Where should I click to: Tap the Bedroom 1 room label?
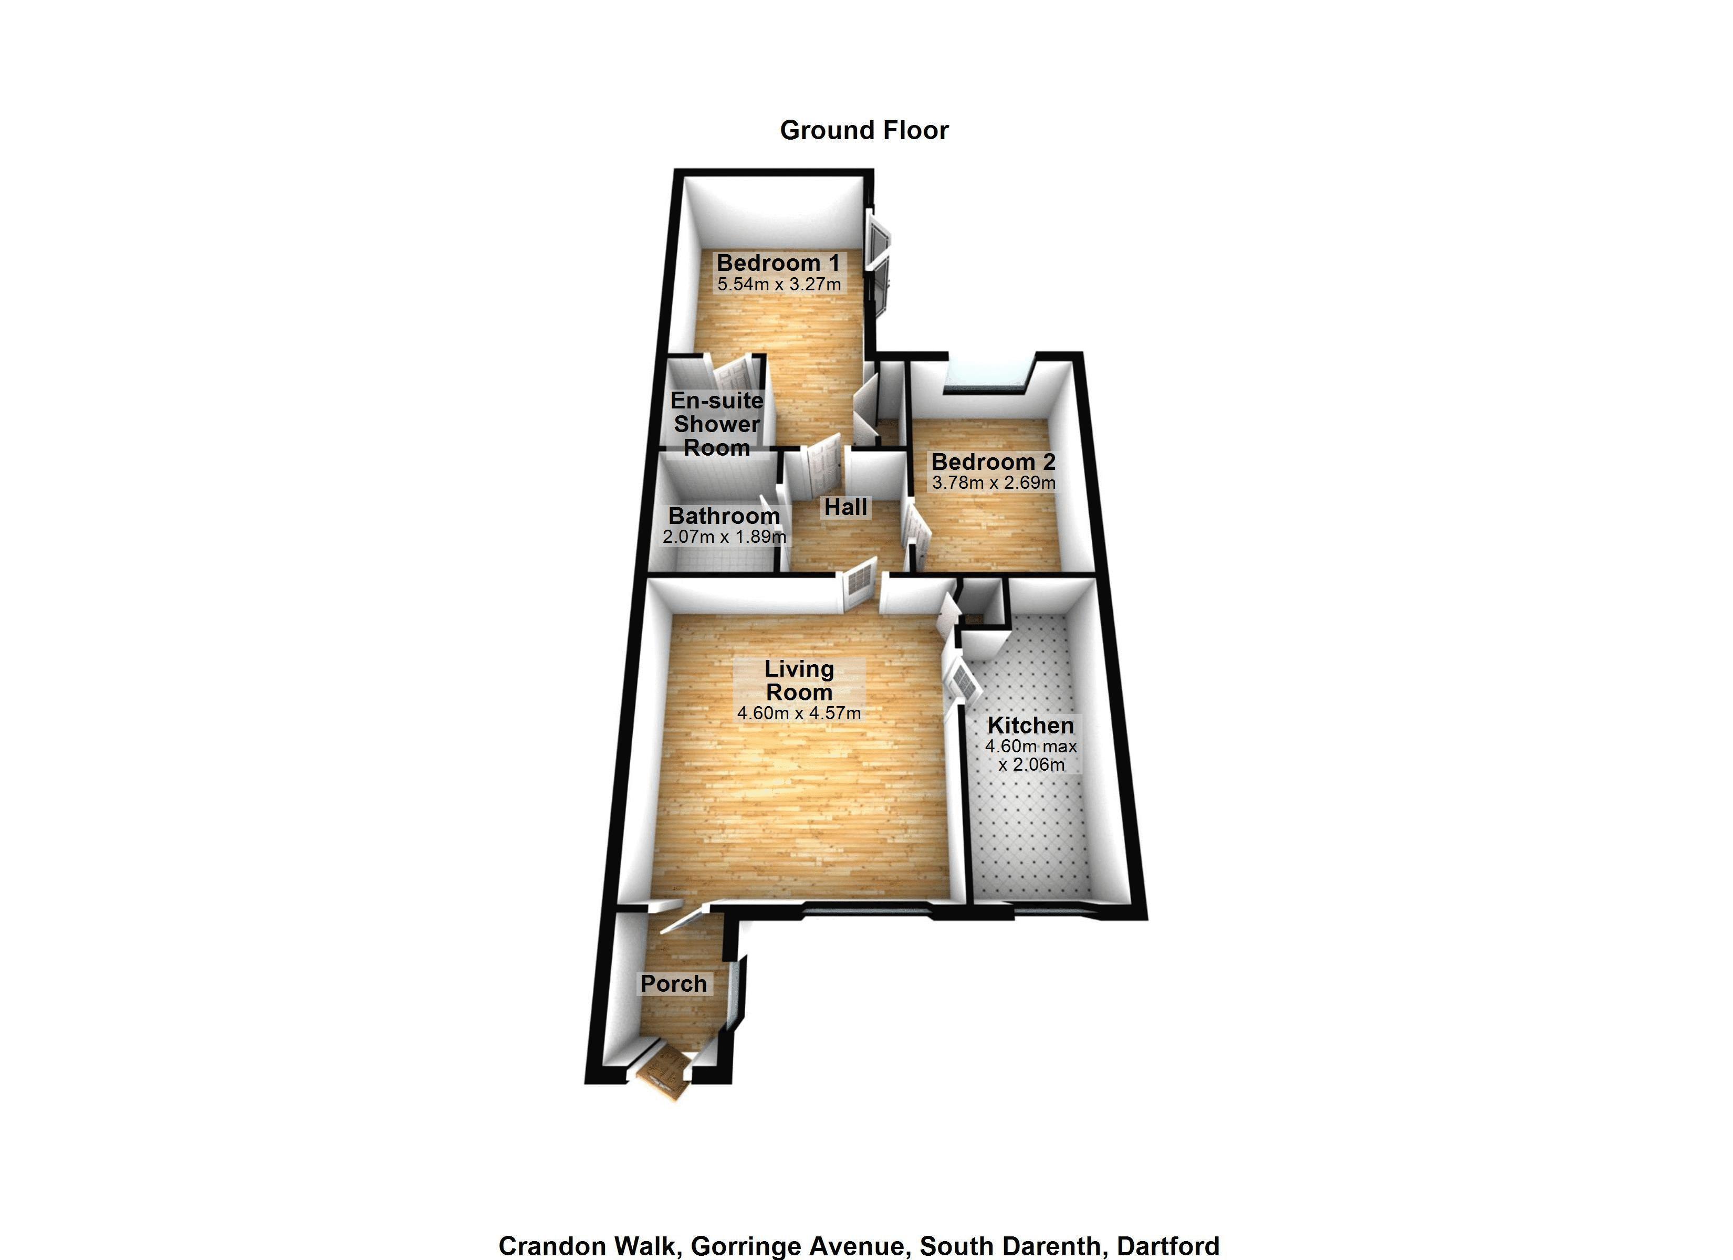[778, 263]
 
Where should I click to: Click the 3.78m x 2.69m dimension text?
[994, 483]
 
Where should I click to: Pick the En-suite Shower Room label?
[717, 424]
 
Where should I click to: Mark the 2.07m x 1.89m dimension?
[724, 537]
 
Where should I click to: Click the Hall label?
[846, 507]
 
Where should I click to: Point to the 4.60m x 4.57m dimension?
[799, 713]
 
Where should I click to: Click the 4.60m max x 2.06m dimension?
[1031, 755]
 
